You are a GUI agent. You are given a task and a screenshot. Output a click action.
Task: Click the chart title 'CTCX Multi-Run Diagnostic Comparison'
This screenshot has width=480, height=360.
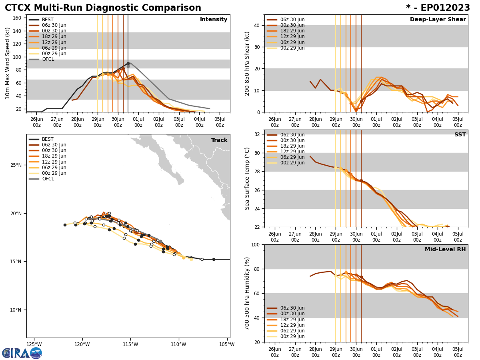tap(103, 8)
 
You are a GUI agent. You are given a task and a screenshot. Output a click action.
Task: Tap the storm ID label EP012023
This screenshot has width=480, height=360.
tap(438, 8)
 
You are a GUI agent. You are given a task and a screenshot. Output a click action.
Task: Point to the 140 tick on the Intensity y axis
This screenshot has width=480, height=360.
tap(18, 31)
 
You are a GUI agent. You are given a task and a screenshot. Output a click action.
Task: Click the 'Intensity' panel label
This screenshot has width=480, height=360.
tap(214, 20)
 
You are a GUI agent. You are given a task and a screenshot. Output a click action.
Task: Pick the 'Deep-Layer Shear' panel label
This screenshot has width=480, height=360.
tap(438, 20)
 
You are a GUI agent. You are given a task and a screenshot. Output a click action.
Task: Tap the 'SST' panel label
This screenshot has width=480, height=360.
tap(460, 135)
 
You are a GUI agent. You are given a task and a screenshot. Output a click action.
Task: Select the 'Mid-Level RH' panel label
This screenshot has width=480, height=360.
tap(445, 250)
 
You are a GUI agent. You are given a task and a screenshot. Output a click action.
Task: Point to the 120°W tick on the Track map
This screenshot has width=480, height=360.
tap(82, 344)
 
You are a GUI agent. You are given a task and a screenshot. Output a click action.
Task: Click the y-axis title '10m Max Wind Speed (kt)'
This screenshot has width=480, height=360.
tap(7, 63)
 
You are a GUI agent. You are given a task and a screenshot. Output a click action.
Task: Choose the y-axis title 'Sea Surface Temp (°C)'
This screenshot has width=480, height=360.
tap(247, 178)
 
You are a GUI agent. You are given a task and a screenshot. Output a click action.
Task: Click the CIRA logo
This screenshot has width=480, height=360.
tap(22, 353)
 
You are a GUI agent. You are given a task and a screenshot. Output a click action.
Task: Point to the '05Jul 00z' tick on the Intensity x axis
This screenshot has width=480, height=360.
tap(220, 122)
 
